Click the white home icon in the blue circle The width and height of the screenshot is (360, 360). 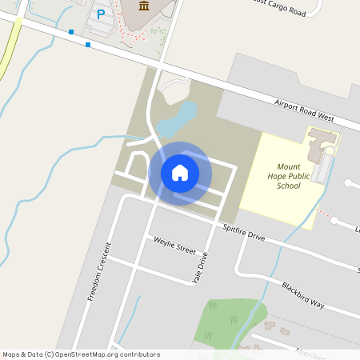(180, 173)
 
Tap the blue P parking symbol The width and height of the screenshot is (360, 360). (101, 14)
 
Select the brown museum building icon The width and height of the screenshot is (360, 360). (143, 6)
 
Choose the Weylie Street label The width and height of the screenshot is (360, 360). (174, 245)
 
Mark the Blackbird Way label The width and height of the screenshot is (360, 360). (302, 294)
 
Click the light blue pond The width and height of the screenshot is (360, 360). (177, 118)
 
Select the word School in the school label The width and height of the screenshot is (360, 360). (288, 186)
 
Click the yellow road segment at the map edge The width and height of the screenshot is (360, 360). (10, 48)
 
